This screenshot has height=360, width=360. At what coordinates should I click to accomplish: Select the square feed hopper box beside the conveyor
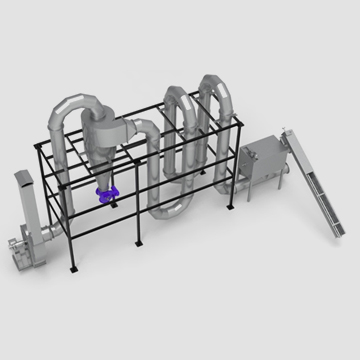click(262, 159)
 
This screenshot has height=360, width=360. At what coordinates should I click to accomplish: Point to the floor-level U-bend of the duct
click(169, 209)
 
